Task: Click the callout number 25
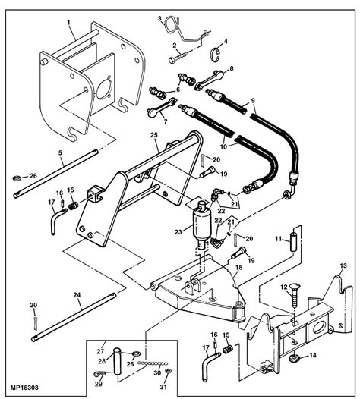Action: click(153, 136)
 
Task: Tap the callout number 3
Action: click(159, 17)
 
